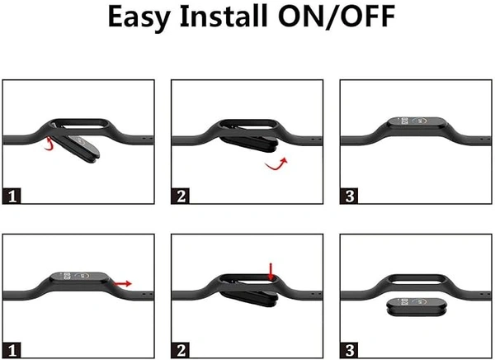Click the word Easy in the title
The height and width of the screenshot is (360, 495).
point(140,17)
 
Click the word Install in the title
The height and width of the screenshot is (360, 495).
point(224,16)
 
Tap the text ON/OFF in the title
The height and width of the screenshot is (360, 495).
point(337,17)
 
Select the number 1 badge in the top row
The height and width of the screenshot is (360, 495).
point(12,196)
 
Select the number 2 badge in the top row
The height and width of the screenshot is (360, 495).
point(181,196)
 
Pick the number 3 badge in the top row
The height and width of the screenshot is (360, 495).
point(349,196)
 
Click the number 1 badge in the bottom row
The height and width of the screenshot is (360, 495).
point(12,350)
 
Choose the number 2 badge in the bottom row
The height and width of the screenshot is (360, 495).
point(181,350)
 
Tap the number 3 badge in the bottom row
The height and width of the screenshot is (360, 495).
point(349,350)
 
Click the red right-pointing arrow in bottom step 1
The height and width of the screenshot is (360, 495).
point(122,283)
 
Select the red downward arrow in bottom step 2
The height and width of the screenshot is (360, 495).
point(271,271)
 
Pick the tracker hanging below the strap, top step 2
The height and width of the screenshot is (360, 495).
point(249,143)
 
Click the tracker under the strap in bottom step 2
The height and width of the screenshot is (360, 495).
point(249,298)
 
